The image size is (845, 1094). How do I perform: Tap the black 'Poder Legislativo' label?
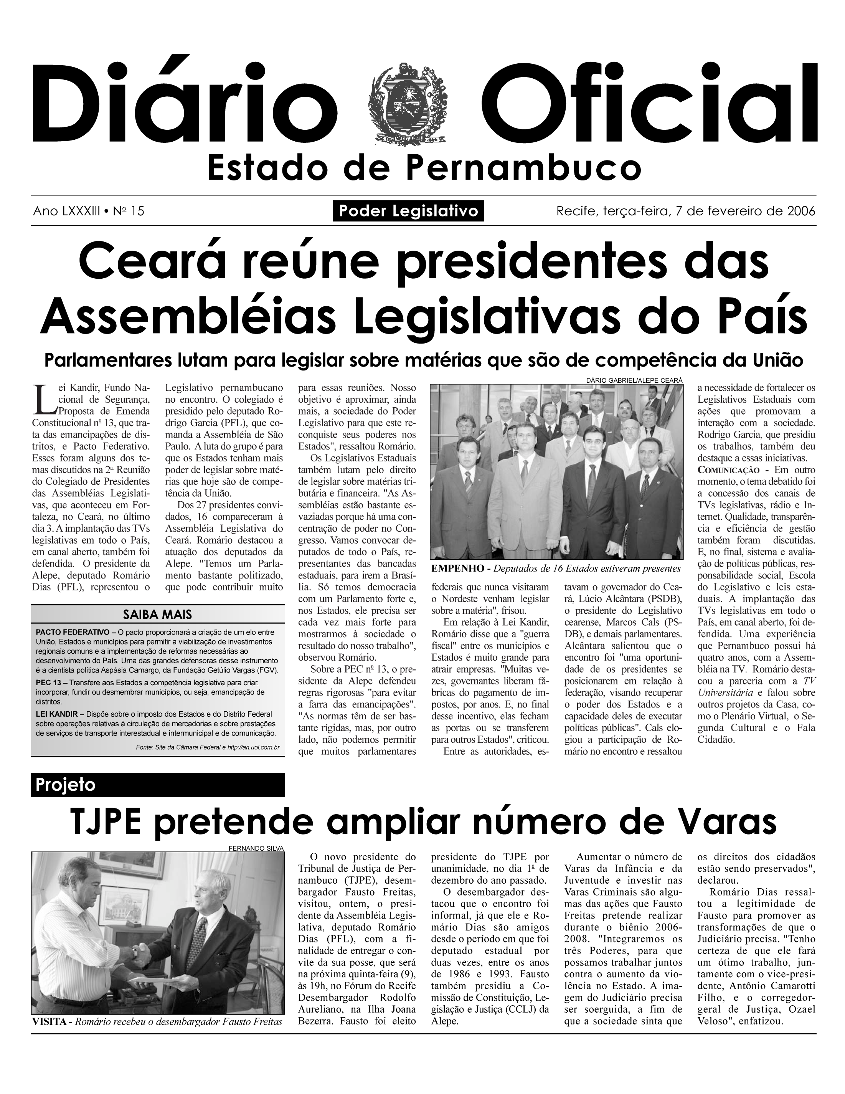pyautogui.click(x=408, y=211)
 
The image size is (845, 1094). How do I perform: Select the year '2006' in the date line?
pyautogui.click(x=800, y=211)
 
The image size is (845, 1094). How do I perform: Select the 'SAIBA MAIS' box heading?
pyautogui.click(x=157, y=615)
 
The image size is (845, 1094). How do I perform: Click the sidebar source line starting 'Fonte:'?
pyautogui.click(x=207, y=748)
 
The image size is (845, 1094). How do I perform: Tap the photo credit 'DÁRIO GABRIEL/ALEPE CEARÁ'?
pyautogui.click(x=634, y=380)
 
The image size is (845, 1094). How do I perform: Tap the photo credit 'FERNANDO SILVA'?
pyautogui.click(x=256, y=848)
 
